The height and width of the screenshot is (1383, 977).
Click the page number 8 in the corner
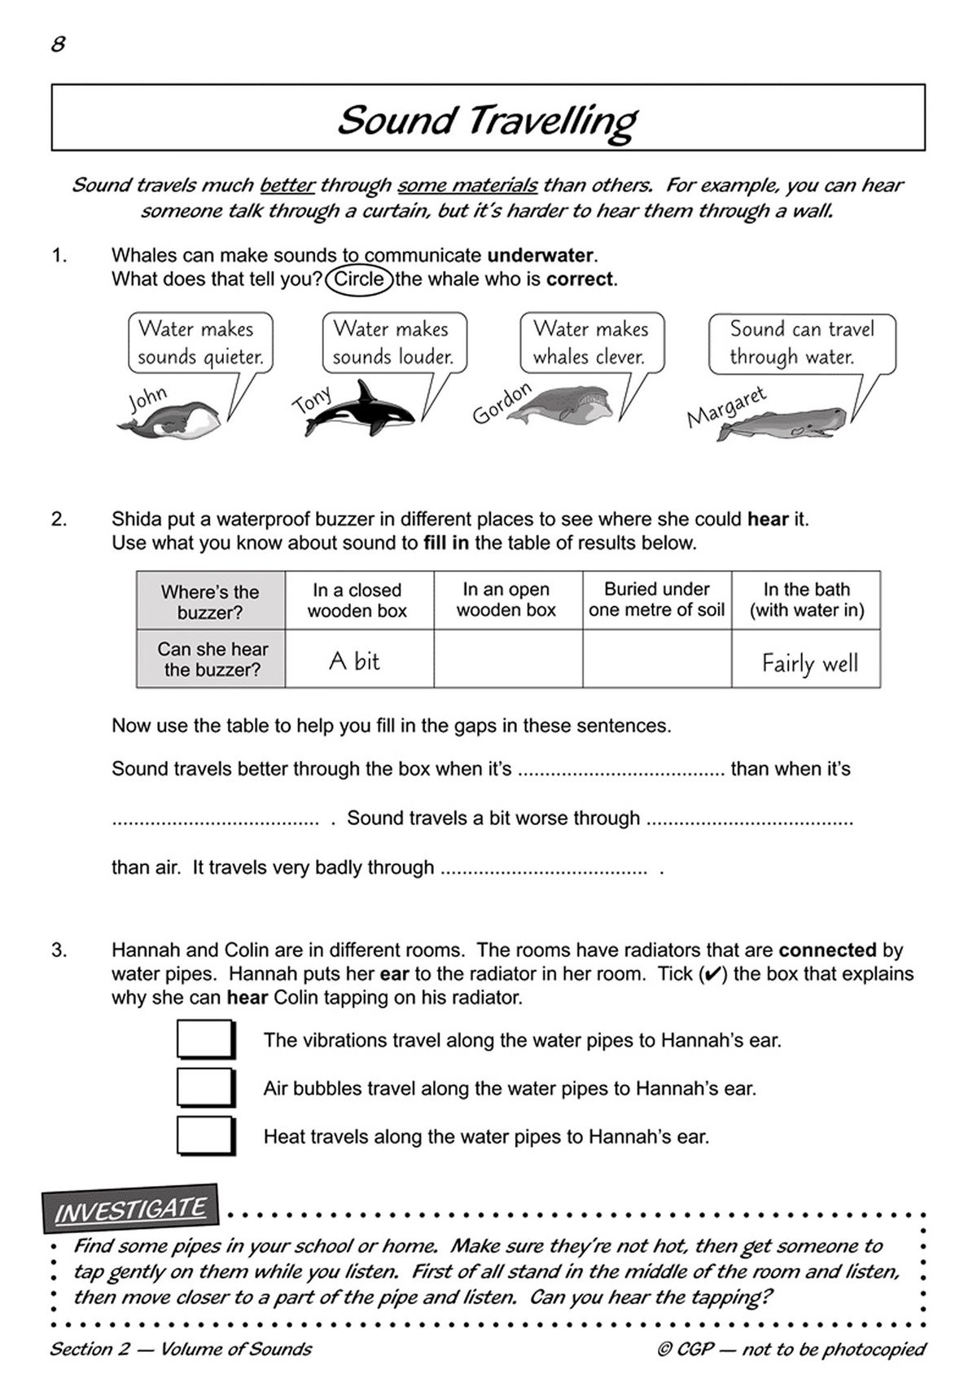coord(58,44)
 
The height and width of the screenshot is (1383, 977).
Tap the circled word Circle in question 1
coord(359,279)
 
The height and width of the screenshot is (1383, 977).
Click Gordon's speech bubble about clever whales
coord(592,342)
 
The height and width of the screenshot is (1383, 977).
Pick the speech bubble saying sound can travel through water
coord(801,342)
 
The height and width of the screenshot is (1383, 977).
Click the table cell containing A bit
coord(358,659)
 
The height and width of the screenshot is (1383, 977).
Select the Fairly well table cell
coord(806,659)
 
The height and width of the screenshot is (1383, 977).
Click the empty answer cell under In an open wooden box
coord(507,659)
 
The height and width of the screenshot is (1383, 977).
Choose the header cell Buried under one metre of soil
coord(656,599)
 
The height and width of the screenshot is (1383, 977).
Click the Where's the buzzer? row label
coord(210,601)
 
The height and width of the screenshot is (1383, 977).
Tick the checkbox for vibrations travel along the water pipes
coord(206,1039)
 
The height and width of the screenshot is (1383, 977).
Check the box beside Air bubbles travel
coord(206,1087)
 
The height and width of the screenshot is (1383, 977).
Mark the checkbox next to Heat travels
coord(206,1135)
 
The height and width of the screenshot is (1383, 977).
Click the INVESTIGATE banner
coord(130,1209)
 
